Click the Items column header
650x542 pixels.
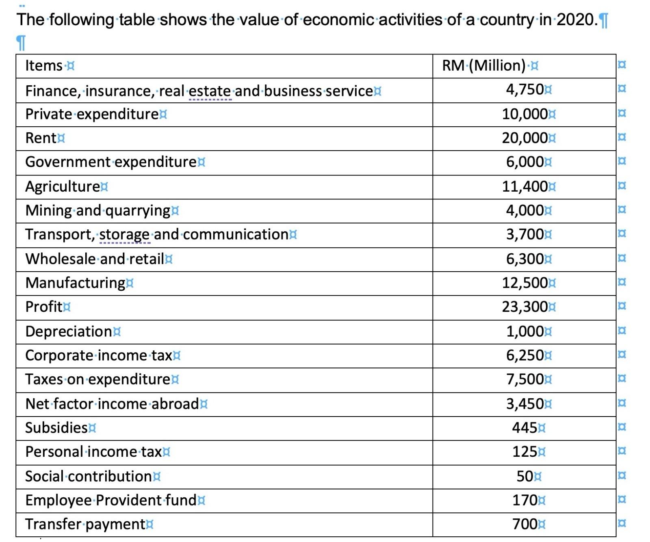44,65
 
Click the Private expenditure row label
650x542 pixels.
92,114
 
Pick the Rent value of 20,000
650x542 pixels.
524,138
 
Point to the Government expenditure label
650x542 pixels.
111,162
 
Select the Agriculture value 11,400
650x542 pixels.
524,186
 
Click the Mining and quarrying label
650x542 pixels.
97,210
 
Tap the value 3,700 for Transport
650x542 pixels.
524,234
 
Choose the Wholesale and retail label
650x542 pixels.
94,259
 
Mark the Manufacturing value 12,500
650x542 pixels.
524,283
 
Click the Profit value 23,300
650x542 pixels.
524,307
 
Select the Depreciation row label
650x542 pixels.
68,331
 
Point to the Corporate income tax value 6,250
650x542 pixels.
524,355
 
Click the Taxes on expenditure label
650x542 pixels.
97,379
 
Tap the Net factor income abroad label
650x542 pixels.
112,404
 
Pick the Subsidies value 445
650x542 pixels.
524,428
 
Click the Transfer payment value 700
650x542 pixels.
524,524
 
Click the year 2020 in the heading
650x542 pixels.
575,19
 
